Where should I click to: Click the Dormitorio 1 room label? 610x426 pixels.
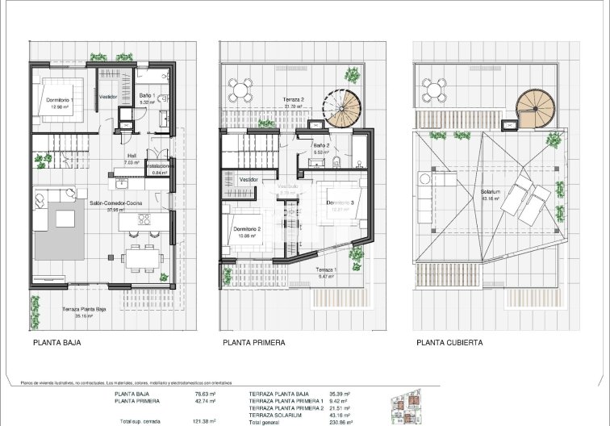(60, 99)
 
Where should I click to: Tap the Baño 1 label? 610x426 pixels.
(146, 96)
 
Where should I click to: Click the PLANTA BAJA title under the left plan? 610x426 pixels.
(56, 342)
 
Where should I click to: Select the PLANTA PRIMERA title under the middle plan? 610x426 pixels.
(253, 342)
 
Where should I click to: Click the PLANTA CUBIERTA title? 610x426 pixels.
(449, 342)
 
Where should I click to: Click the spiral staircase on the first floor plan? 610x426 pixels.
(342, 105)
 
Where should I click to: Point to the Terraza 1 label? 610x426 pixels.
(326, 269)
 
